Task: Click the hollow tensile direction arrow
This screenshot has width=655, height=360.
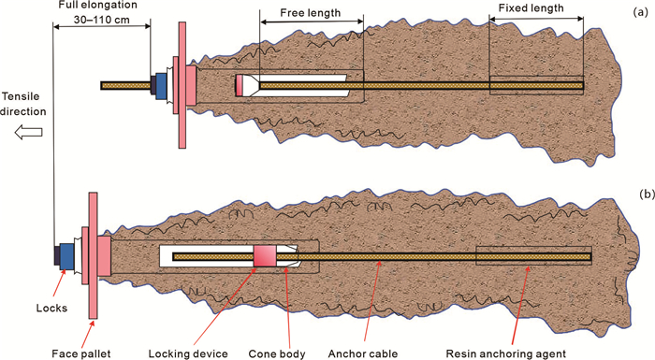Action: [x=28, y=133]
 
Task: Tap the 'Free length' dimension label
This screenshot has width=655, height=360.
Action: [x=311, y=13]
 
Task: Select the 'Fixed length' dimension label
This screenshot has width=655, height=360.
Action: [x=531, y=7]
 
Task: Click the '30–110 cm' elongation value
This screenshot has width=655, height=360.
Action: [x=101, y=20]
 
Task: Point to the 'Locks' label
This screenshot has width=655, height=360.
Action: [x=51, y=309]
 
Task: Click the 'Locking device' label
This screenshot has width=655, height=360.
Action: [x=188, y=353]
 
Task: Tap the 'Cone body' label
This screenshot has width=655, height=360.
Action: [x=277, y=353]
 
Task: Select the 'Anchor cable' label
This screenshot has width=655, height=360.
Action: [x=363, y=353]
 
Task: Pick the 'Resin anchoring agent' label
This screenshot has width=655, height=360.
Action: [x=506, y=353]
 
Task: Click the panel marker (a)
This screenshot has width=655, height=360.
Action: [x=639, y=12]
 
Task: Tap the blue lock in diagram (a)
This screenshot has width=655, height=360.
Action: [x=161, y=86]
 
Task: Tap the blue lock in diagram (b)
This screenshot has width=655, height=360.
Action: [x=66, y=256]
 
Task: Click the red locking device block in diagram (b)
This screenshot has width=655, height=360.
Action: [x=265, y=256]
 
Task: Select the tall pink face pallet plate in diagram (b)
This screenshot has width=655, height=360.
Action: [x=94, y=255]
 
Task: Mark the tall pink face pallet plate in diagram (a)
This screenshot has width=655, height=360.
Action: [x=182, y=85]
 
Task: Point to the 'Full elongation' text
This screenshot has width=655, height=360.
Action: [x=97, y=6]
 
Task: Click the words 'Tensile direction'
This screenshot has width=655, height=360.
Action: [x=23, y=104]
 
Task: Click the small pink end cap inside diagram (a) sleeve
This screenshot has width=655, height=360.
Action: [x=240, y=86]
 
